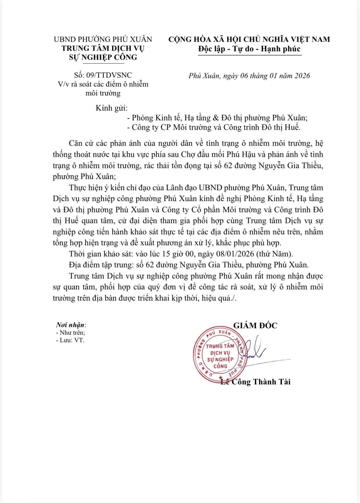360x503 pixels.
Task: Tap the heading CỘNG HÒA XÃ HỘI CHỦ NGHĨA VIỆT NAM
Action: [x=249, y=39]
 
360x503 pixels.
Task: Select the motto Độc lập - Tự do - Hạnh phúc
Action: [x=249, y=49]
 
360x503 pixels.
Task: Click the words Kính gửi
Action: [x=111, y=108]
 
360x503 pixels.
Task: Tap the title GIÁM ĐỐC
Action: [x=255, y=325]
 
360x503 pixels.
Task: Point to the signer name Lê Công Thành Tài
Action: [x=255, y=382]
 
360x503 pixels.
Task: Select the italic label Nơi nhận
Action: [x=70, y=325]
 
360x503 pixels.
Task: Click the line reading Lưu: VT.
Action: [x=70, y=340]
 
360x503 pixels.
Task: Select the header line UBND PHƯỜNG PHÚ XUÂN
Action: [x=103, y=39]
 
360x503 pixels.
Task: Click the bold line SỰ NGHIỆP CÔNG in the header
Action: [x=103, y=57]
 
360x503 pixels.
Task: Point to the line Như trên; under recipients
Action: [x=70, y=333]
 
